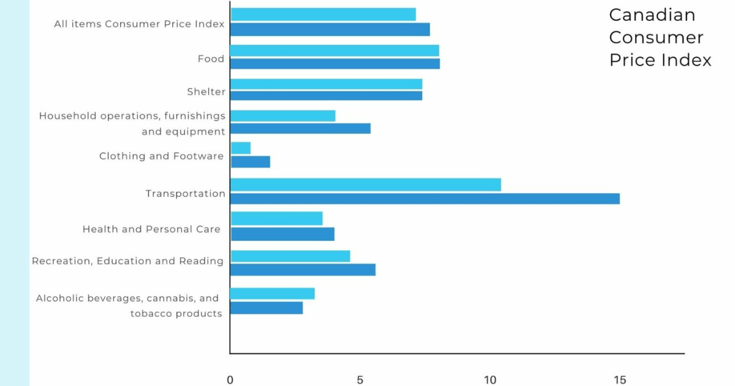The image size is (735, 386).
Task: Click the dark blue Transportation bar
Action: pyautogui.click(x=424, y=199)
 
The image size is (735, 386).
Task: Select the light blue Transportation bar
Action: pyautogui.click(x=366, y=184)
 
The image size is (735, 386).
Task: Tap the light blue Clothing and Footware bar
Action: pyautogui.click(x=241, y=148)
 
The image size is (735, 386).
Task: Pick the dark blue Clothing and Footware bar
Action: pyautogui.click(x=251, y=162)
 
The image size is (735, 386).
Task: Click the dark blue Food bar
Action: pyautogui.click(x=335, y=64)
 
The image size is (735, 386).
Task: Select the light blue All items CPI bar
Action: pyautogui.click(x=323, y=14)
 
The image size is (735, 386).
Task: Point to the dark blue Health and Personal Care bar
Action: pyautogui.click(x=282, y=234)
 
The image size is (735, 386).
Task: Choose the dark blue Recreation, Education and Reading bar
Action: pyautogui.click(x=303, y=270)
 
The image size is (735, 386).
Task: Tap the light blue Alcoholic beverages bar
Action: pyautogui.click(x=273, y=293)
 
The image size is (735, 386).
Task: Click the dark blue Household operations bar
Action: pyautogui.click(x=300, y=128)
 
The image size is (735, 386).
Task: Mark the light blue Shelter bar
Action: pyautogui.click(x=326, y=84)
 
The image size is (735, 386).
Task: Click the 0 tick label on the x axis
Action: pyautogui.click(x=230, y=380)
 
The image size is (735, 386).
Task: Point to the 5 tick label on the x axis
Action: pyautogui.click(x=360, y=380)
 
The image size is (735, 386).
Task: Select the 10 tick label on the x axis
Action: pyautogui.click(x=490, y=380)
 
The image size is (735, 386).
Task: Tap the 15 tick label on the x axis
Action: pyautogui.click(x=620, y=380)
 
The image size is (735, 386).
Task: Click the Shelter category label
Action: pyautogui.click(x=206, y=92)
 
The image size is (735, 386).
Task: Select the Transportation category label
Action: pyautogui.click(x=186, y=194)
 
